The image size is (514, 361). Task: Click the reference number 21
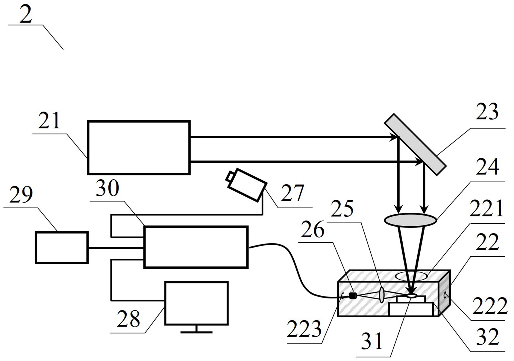(x=49, y=121)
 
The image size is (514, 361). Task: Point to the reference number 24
(x=487, y=167)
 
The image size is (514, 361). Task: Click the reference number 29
(x=21, y=195)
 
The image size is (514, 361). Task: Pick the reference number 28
(x=128, y=319)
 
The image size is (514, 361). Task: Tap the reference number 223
(x=304, y=329)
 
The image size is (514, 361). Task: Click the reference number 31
(x=372, y=341)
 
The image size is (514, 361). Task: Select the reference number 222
(x=490, y=306)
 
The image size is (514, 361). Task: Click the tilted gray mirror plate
(x=415, y=144)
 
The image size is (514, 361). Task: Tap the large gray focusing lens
(x=410, y=220)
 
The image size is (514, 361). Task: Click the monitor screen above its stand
(x=196, y=303)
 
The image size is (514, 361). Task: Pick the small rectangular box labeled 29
(x=61, y=248)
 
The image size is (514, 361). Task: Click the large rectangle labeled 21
(x=139, y=147)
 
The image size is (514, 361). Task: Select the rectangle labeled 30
(x=196, y=247)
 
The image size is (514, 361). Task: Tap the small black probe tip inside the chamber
(x=353, y=296)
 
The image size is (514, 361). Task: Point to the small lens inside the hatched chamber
(x=382, y=295)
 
